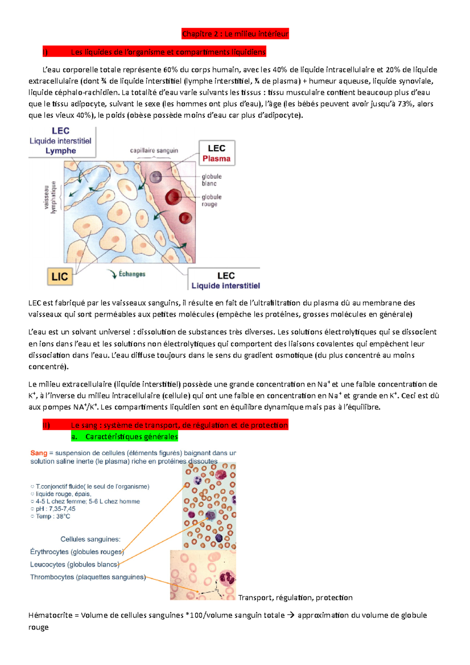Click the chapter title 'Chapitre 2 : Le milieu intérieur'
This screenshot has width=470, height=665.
point(235,34)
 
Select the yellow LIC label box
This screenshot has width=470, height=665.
point(60,277)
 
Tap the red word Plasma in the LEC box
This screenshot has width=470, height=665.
point(216,159)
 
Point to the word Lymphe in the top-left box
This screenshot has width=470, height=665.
point(61,151)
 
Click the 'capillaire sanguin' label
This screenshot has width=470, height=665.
point(154,150)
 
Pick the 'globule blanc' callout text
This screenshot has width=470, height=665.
point(211,180)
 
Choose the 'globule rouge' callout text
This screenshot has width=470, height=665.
point(211,201)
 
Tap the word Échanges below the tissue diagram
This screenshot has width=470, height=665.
point(132,274)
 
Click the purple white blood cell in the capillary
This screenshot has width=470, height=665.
point(156,177)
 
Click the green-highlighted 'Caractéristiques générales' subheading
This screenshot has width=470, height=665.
point(131,436)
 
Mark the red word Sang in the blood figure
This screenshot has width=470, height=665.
point(39,453)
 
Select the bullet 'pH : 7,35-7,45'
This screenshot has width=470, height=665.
point(55,509)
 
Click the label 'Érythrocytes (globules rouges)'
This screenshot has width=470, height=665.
point(77,552)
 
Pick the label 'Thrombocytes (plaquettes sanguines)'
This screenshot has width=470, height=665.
point(88,577)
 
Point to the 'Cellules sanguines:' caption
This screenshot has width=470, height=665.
point(90,539)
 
